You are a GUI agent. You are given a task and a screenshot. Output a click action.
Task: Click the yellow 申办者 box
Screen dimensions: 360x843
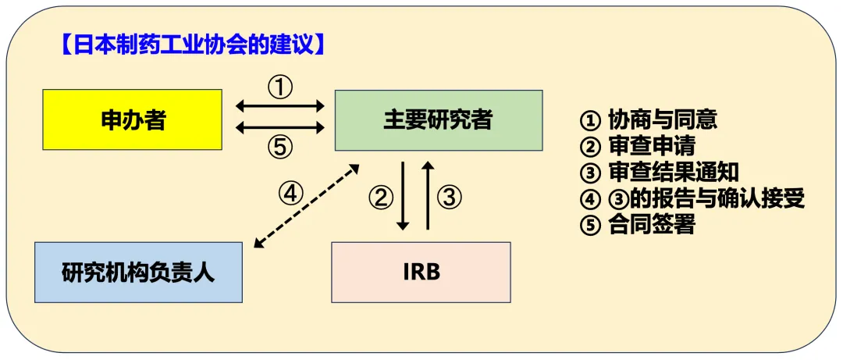(x=133, y=119)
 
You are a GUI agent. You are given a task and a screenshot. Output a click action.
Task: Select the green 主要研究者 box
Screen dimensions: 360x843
(x=438, y=119)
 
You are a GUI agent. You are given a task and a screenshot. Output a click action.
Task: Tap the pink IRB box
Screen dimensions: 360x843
(x=421, y=272)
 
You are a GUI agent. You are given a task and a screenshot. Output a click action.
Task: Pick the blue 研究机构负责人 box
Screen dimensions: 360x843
(x=138, y=273)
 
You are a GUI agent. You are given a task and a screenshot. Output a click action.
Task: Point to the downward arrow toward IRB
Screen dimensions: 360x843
(x=404, y=196)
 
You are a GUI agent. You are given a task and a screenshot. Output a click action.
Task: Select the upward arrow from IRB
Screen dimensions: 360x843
(x=427, y=196)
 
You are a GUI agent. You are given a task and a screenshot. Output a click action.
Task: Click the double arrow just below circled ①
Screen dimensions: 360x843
(x=279, y=105)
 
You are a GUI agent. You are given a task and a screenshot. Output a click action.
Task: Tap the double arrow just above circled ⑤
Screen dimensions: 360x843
(x=279, y=127)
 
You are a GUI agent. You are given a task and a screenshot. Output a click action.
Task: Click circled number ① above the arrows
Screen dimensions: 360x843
(x=279, y=87)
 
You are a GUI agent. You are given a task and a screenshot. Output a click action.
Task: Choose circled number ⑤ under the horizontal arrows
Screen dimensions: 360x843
(x=279, y=146)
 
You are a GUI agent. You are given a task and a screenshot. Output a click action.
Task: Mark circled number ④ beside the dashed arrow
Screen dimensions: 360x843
(x=290, y=192)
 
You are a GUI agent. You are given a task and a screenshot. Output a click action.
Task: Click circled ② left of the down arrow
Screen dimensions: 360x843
(x=380, y=198)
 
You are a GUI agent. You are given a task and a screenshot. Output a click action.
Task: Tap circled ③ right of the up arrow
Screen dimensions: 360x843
(x=450, y=198)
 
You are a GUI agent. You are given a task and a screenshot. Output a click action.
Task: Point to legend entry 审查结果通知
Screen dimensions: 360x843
(x=659, y=173)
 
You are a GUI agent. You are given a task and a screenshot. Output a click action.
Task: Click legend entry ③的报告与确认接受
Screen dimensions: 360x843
(x=692, y=198)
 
